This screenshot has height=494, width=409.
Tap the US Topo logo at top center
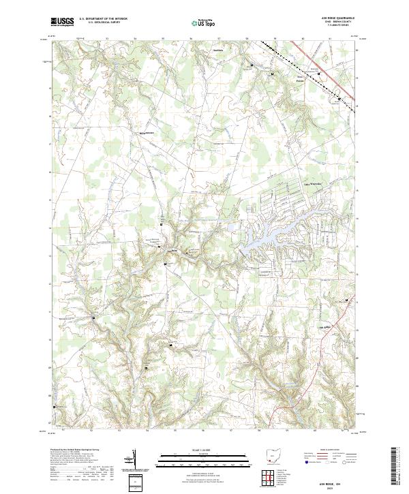[x=203, y=22]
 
